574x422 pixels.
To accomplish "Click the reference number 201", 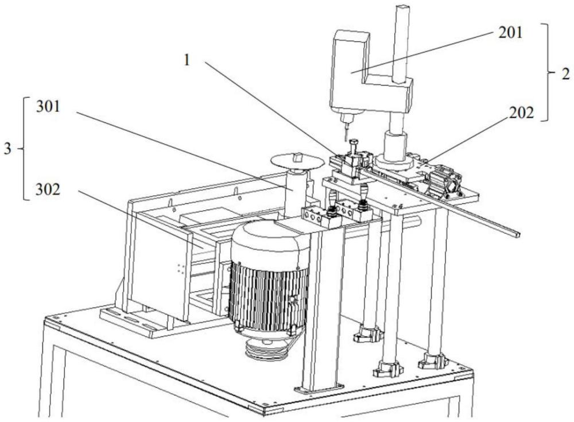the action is [510, 33].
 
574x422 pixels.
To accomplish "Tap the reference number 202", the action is [521, 113].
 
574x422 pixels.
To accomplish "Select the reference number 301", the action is [48, 107].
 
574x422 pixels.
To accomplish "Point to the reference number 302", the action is [48, 189].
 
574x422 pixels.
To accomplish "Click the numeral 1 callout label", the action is [187, 60].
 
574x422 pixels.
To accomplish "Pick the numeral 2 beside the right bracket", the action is [565, 75].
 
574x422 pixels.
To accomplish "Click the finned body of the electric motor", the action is [268, 293].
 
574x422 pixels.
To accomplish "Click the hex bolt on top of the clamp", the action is [353, 146].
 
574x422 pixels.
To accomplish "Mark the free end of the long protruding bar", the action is [517, 234].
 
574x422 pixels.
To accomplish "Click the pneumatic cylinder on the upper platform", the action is [443, 181].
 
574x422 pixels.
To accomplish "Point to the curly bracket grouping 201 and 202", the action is [548, 72].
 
